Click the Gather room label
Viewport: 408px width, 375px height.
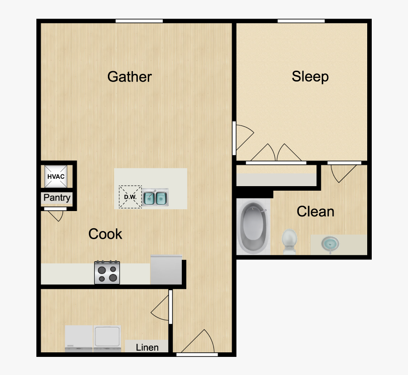(x=130, y=77)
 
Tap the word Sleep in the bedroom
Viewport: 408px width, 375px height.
(x=310, y=76)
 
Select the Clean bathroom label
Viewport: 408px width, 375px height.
(x=316, y=211)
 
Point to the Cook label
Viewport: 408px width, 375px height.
(x=105, y=234)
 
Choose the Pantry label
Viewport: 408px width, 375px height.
(x=57, y=197)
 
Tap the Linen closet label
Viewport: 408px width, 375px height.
(x=147, y=347)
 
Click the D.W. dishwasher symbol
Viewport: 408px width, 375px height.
(x=130, y=197)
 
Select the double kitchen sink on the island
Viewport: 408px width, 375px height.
(x=155, y=197)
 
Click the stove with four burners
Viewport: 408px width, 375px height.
(x=107, y=273)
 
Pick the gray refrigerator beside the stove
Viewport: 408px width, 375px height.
(x=166, y=270)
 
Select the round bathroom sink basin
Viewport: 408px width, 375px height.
(x=330, y=244)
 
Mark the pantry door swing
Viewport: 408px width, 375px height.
(x=56, y=215)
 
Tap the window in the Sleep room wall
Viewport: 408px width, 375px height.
(x=301, y=20)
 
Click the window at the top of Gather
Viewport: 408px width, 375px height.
(x=139, y=20)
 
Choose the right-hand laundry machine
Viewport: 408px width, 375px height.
(x=107, y=338)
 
